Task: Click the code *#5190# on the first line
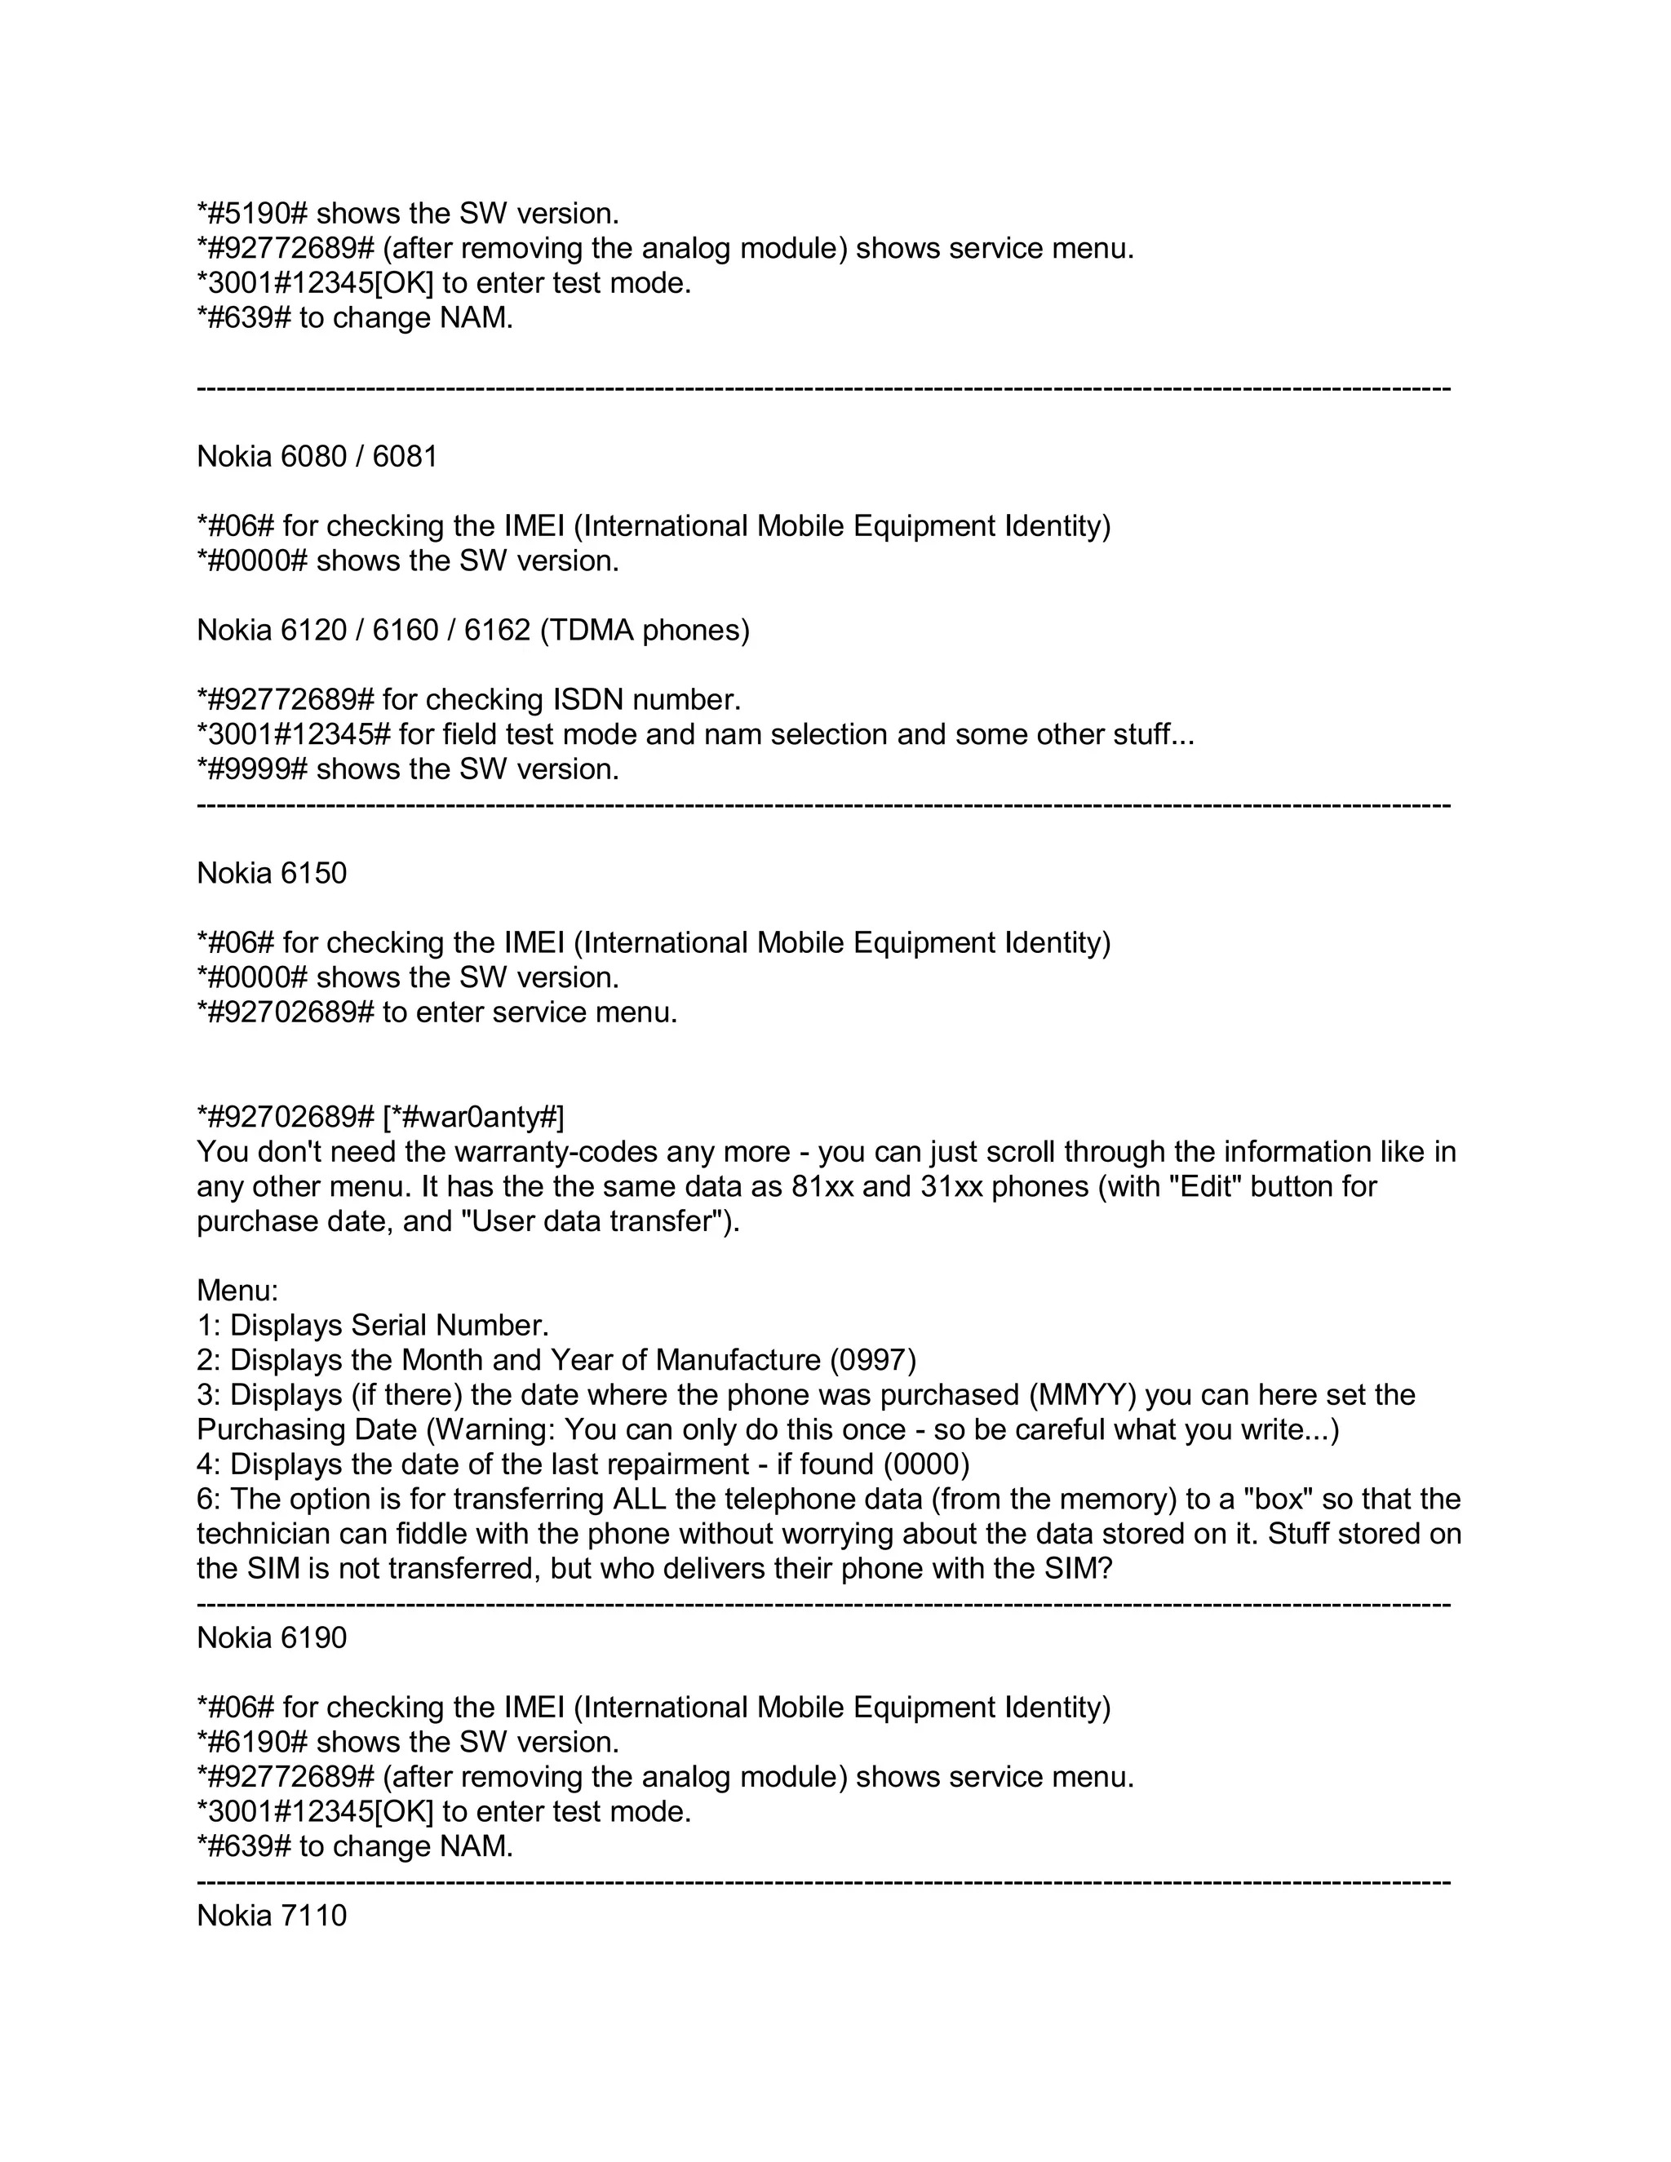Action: point(252,213)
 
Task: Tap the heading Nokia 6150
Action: point(273,873)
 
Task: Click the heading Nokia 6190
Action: point(273,1637)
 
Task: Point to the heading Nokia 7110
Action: point(273,1915)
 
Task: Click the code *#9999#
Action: point(252,769)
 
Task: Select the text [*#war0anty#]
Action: point(473,1117)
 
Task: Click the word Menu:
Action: point(237,1291)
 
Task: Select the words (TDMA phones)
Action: point(645,630)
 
